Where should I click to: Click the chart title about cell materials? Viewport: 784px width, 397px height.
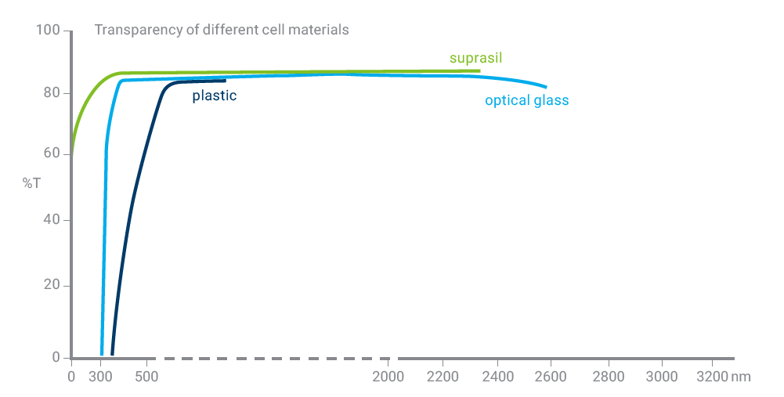(221, 31)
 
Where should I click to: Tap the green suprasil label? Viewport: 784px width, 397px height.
(475, 58)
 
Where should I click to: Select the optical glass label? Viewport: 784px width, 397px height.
(526, 101)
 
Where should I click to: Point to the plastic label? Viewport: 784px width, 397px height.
(214, 96)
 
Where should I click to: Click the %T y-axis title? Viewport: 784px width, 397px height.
(31, 183)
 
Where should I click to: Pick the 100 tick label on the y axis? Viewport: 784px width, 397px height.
(49, 31)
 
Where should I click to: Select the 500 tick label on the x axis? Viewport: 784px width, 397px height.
(146, 377)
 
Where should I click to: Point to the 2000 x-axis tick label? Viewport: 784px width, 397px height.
(388, 377)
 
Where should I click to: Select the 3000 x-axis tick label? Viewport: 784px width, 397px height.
(662, 377)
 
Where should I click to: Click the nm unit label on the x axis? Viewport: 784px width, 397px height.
(741, 377)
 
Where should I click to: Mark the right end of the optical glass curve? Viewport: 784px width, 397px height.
(545, 86)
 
